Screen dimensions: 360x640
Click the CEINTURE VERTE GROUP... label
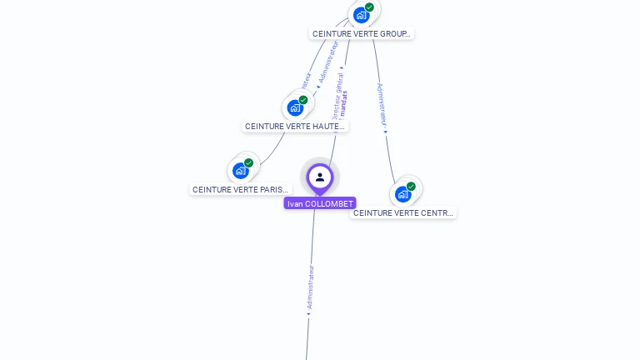362,34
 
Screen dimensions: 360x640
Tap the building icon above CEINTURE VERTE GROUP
361,15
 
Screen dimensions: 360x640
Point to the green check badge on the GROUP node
369,7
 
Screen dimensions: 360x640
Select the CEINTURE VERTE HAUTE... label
295,127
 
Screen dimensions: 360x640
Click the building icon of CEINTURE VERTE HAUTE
295,107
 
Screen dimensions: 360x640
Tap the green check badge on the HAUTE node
303,100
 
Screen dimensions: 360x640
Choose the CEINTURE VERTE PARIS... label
240,190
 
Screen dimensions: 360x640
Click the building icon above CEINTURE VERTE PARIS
240,171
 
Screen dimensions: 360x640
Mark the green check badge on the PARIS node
248,163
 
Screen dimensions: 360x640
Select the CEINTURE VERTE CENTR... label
403,213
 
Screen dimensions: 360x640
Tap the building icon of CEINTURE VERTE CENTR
402,194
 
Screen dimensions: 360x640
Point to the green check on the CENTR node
411,187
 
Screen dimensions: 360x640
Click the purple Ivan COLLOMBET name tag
320,203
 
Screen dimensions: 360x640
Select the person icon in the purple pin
320,177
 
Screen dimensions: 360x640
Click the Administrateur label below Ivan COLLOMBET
311,287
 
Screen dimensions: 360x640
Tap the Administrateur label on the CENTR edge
381,103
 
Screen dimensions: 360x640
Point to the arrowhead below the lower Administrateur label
309,314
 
